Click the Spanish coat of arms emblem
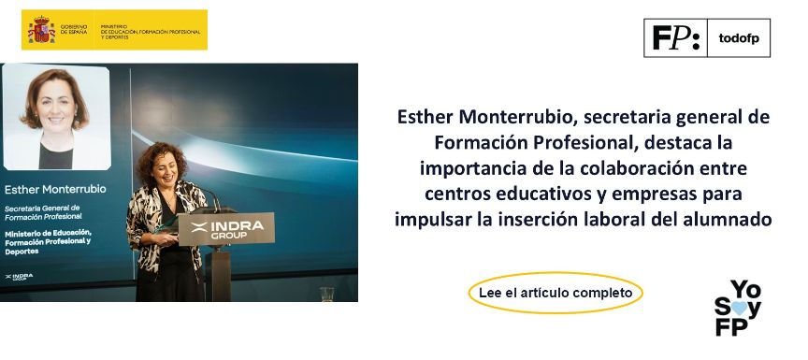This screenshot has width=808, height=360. coord(42,30)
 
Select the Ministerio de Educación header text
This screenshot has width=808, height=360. coord(150,31)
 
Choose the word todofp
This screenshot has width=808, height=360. coord(739,38)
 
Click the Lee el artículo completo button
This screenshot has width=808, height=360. coord(555,293)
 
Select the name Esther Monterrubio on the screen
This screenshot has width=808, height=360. coord(55,189)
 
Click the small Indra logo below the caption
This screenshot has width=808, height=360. coord(19,276)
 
